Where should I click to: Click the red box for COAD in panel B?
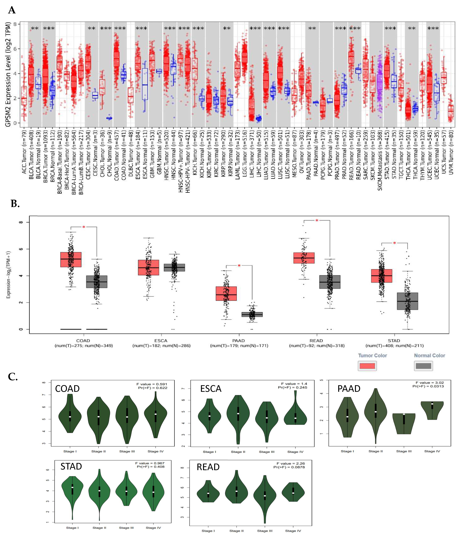[x=71, y=259]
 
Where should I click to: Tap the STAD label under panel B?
[x=394, y=340]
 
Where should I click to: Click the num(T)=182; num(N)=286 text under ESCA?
[x=161, y=346]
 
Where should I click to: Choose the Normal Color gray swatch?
[x=423, y=366]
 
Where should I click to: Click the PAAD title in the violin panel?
[x=349, y=389]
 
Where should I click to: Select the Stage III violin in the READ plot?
[x=265, y=496]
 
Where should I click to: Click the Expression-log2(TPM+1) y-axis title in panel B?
[x=9, y=275]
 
